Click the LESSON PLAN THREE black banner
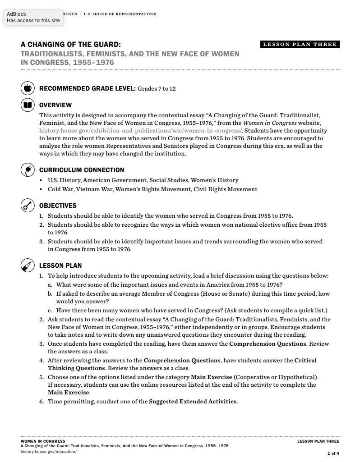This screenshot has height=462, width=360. (300, 44)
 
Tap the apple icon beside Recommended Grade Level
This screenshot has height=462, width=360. (28, 88)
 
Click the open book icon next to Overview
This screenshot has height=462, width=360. (28, 105)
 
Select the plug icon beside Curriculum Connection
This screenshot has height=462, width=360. (28, 170)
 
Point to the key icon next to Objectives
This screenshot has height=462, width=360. (28, 206)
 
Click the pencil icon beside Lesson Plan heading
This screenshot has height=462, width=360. (28, 265)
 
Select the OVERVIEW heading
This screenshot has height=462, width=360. (55, 105)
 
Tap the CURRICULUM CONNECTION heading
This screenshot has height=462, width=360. (82, 170)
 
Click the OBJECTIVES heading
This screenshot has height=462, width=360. (58, 206)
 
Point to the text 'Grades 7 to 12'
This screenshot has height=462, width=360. (157, 89)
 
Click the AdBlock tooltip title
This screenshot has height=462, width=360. (16, 14)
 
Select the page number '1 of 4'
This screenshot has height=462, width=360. (333, 453)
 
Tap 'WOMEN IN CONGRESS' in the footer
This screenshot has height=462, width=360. (43, 441)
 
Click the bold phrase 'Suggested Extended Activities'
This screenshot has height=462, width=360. (193, 401)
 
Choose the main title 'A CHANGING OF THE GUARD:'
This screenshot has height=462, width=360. (71, 45)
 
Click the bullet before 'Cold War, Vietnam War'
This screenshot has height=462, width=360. (42, 189)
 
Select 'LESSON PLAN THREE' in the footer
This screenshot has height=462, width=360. (318, 441)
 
